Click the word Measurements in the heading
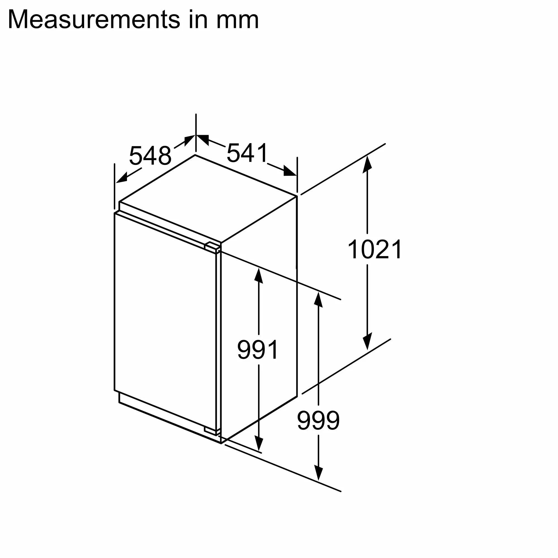pos(94,20)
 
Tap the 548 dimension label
pos(150,156)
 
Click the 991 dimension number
pos(258,350)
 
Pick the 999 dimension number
pos(318,420)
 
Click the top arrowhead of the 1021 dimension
pos(367,164)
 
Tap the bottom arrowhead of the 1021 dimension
pos(367,341)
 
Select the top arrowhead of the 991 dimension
pos(259,276)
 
